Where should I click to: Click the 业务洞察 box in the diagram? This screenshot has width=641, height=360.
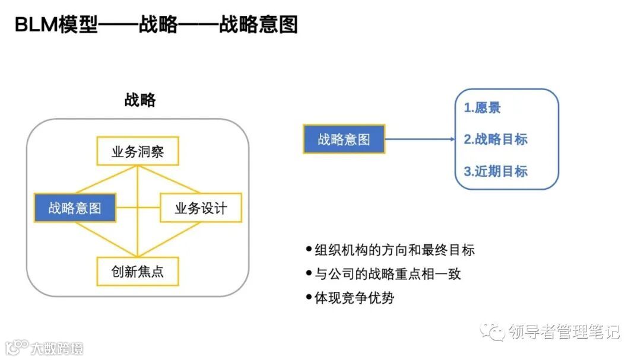pos(137,152)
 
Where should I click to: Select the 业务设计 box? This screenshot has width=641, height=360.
pos(201,208)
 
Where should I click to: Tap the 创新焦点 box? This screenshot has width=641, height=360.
pos(137,272)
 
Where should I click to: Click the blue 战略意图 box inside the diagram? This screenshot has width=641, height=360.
pos(75,208)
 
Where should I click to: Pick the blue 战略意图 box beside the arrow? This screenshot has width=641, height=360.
pos(344,139)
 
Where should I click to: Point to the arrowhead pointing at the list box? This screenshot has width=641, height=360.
pos(450,139)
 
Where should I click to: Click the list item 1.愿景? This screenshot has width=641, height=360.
pos(482,108)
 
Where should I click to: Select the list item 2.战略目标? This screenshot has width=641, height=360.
pos(496,139)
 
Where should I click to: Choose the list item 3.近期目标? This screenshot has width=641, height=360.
pos(496,171)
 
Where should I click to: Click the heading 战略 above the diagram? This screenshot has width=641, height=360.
pos(140,100)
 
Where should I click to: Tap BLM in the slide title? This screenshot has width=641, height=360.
pos(36,25)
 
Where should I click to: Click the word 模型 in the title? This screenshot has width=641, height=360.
pos(78,25)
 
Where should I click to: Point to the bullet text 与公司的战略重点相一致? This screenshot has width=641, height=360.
pos(387,274)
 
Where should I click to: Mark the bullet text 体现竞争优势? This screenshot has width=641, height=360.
pos(354,298)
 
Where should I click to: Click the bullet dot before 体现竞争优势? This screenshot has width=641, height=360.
pos(308,297)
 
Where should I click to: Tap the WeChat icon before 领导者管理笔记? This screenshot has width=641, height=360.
pos(492,332)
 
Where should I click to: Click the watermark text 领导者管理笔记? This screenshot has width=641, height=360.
pos(564,332)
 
